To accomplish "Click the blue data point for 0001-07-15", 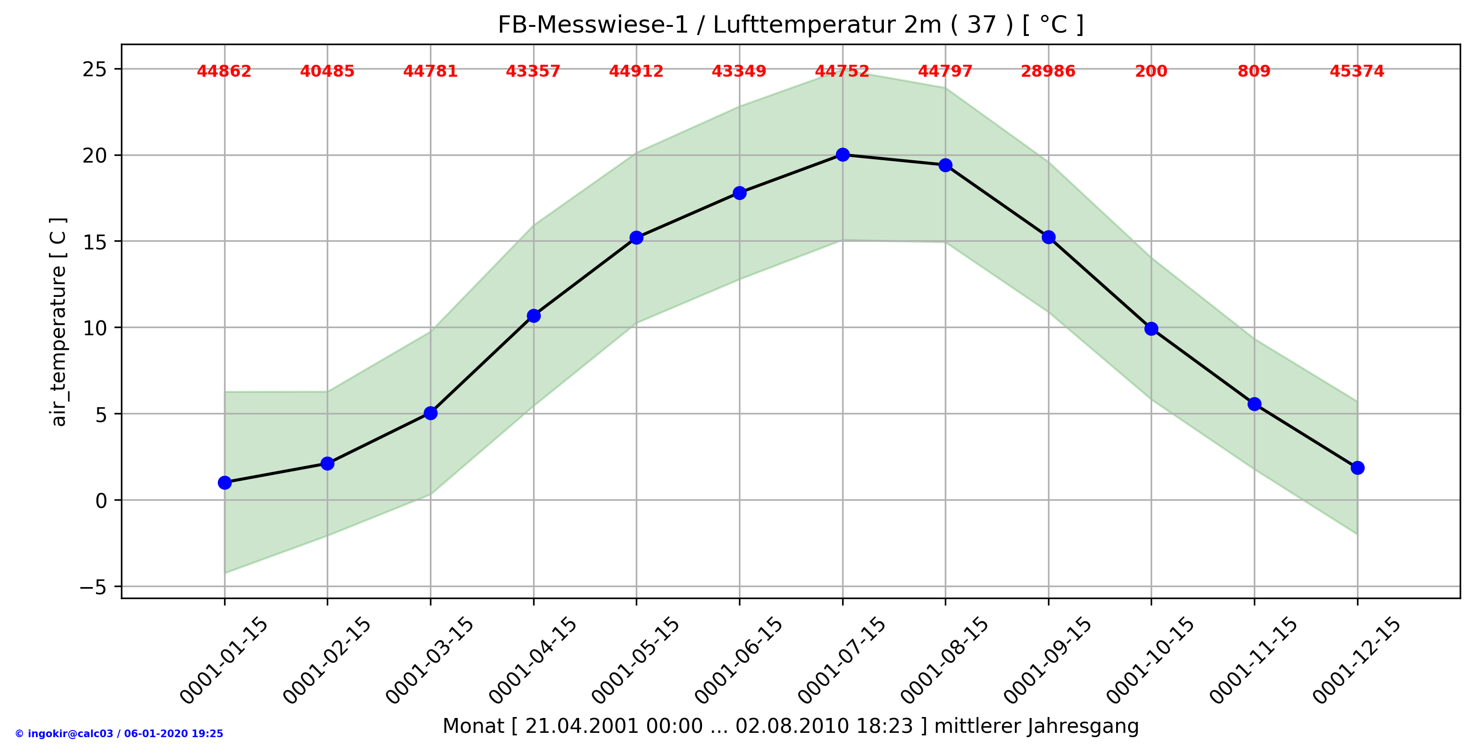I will click(842, 154).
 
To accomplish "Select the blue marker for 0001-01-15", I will click(225, 482).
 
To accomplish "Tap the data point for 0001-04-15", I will click(534, 316).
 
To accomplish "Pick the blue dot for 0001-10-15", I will click(1151, 329).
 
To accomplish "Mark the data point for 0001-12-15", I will click(1357, 468).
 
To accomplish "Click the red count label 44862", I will click(224, 71).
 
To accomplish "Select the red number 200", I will click(1151, 71).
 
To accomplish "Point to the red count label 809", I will click(1254, 71).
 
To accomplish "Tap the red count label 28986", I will click(1048, 71).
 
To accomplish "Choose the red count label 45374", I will click(1357, 71).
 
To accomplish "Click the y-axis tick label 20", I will click(95, 156).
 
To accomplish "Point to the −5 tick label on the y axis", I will click(93, 588).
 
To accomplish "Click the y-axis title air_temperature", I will click(59, 346).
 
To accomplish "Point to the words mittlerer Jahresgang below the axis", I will click(1036, 726).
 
